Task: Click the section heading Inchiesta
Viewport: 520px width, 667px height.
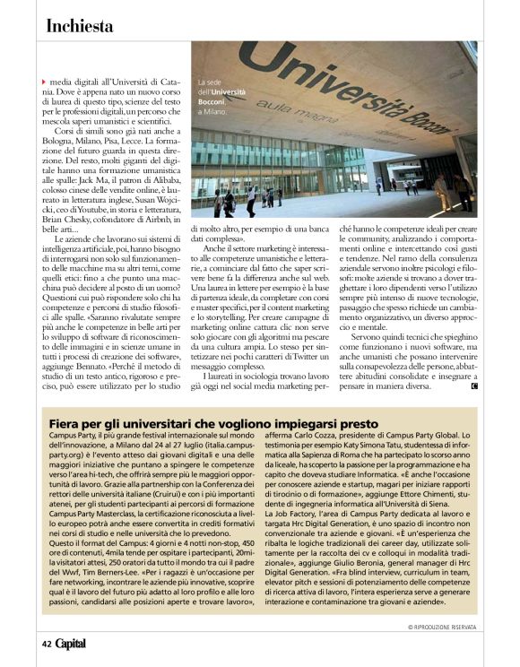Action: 80,26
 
